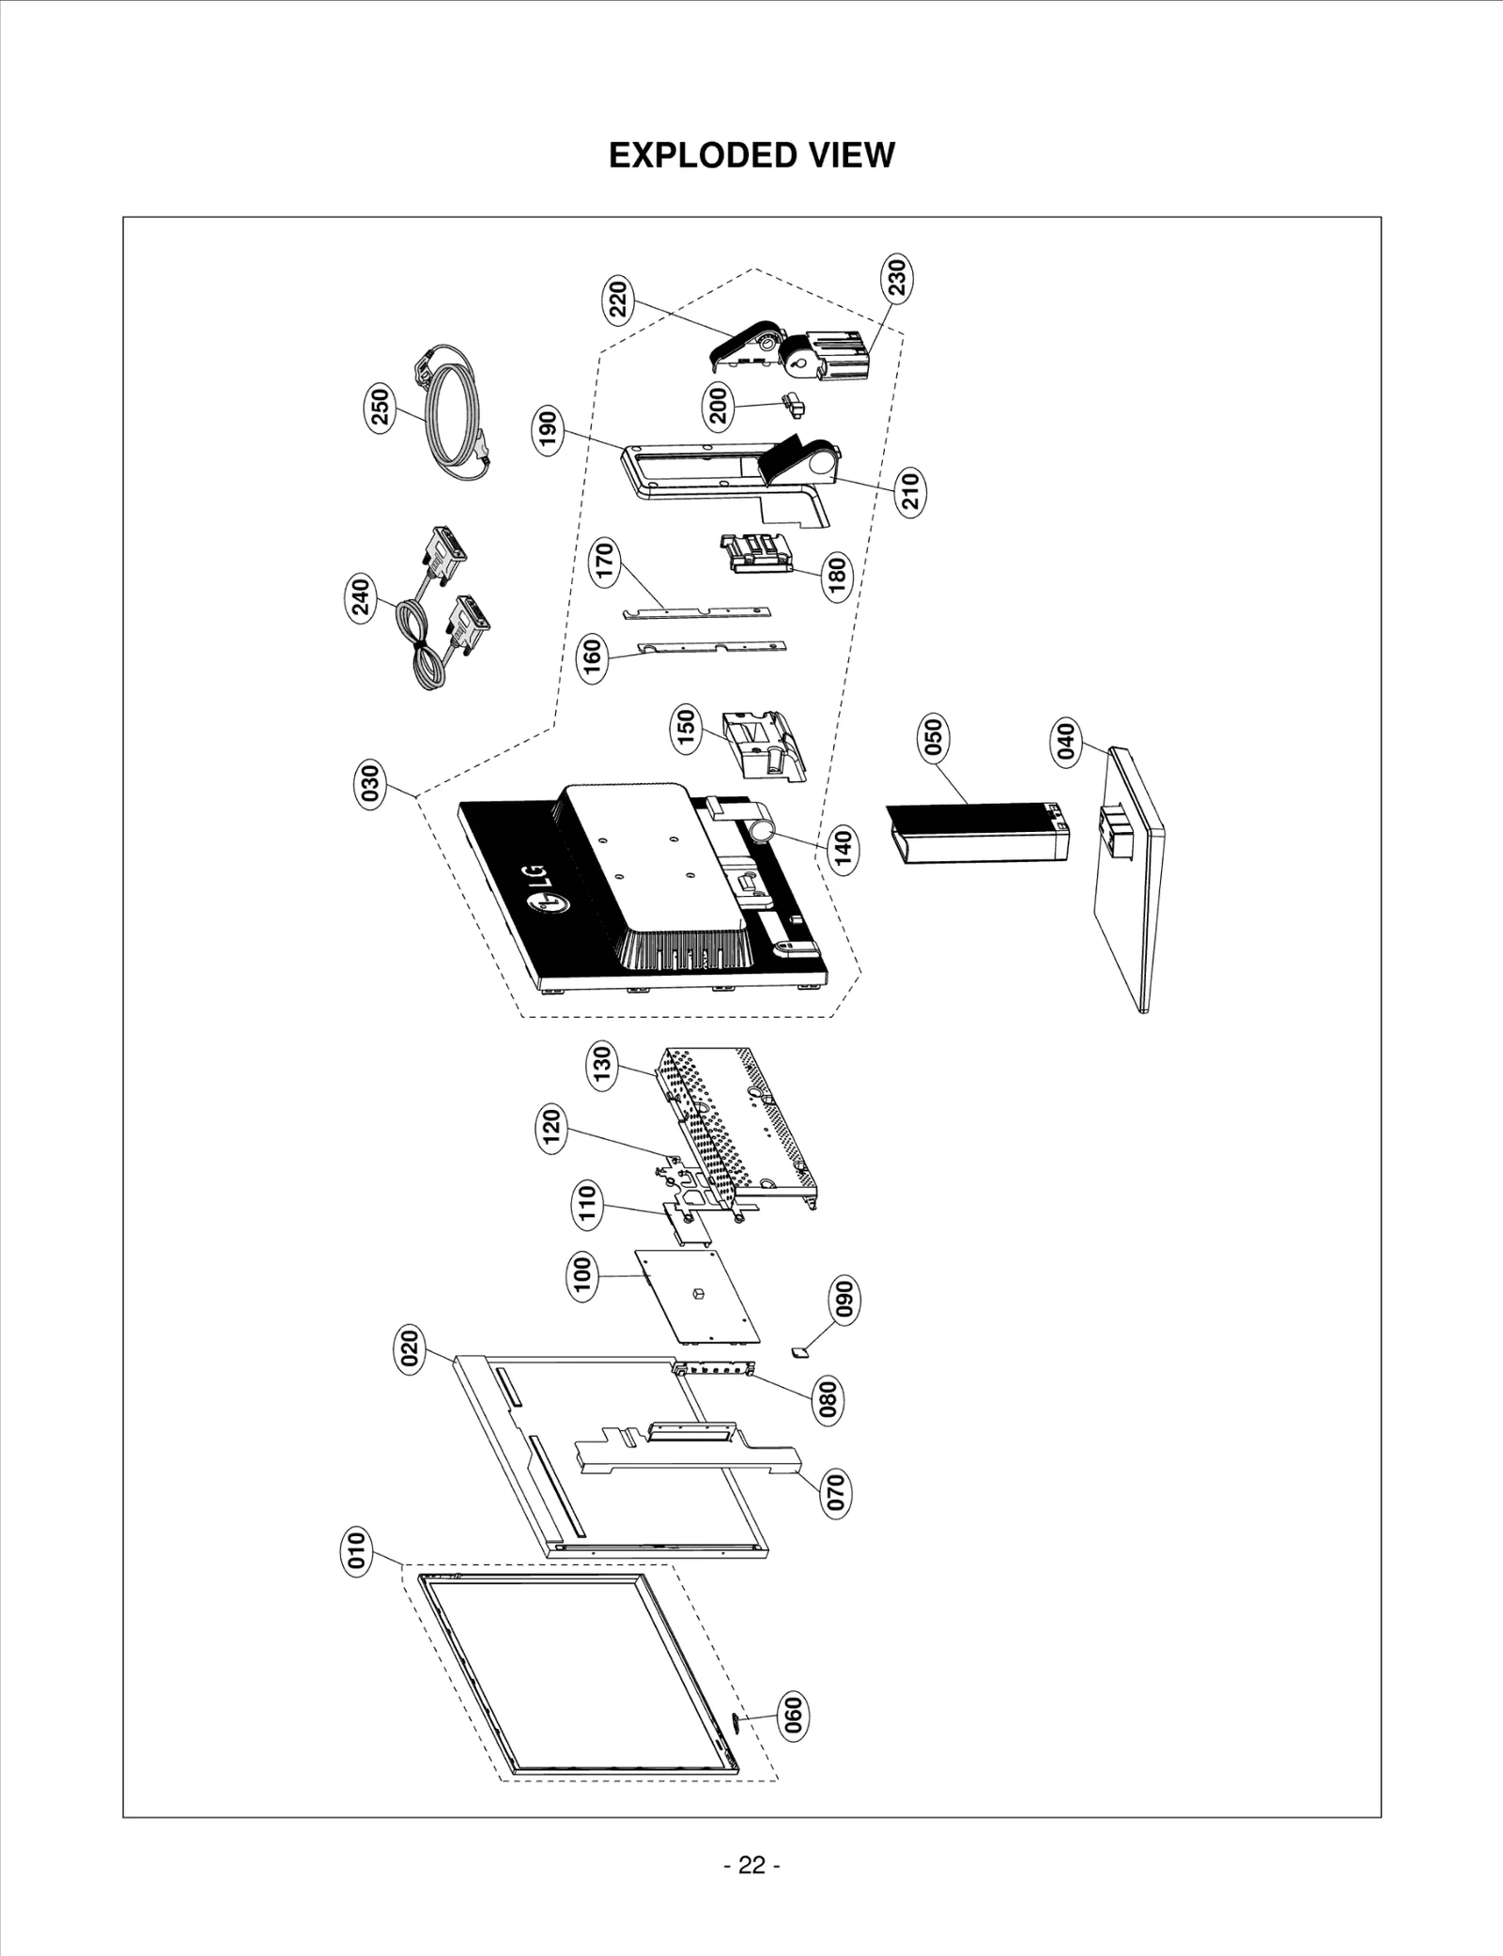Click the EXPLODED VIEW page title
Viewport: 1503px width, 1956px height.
tap(751, 156)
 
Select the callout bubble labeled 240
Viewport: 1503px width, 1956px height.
tap(361, 597)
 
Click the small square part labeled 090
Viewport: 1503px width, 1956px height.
tap(799, 1352)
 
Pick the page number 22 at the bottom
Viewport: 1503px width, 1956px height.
tap(751, 1864)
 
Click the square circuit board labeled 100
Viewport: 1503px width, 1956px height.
tap(696, 1296)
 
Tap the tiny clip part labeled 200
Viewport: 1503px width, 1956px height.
tap(793, 405)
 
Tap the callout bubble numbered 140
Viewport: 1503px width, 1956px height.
tap(844, 849)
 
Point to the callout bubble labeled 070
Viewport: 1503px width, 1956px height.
tap(835, 1493)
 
